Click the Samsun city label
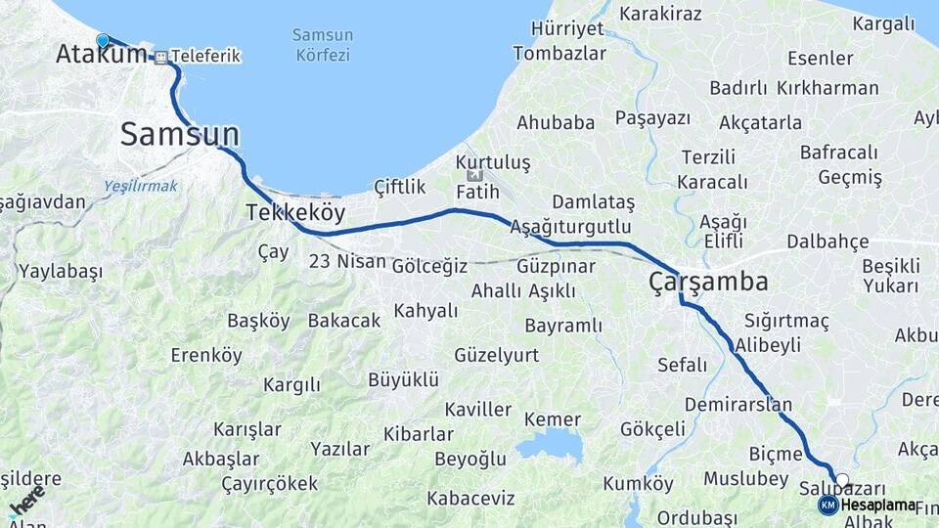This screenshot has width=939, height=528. tap(179, 135)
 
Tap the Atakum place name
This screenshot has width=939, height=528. tap(101, 55)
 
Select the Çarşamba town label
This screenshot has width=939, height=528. tap(707, 283)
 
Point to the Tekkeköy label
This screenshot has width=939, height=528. tap(295, 212)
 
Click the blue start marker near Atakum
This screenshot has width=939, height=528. tap(103, 40)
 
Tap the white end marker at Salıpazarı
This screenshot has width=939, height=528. tap(842, 480)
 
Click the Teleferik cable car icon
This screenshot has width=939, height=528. tap(160, 57)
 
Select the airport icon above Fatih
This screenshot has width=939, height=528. tap(475, 175)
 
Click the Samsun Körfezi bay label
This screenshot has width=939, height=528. tap(323, 45)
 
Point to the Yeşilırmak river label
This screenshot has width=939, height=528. tap(142, 186)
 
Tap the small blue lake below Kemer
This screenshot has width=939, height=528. tap(550, 448)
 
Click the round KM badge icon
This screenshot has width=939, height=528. tap(827, 505)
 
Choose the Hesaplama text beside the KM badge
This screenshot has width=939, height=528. tap(877, 505)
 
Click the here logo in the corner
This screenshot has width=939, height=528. tap(24, 501)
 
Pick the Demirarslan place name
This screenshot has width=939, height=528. tap(738, 404)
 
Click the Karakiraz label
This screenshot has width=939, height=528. tap(661, 14)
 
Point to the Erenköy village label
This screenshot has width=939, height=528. tap(205, 355)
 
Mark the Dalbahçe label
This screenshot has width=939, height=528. tap(827, 242)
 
